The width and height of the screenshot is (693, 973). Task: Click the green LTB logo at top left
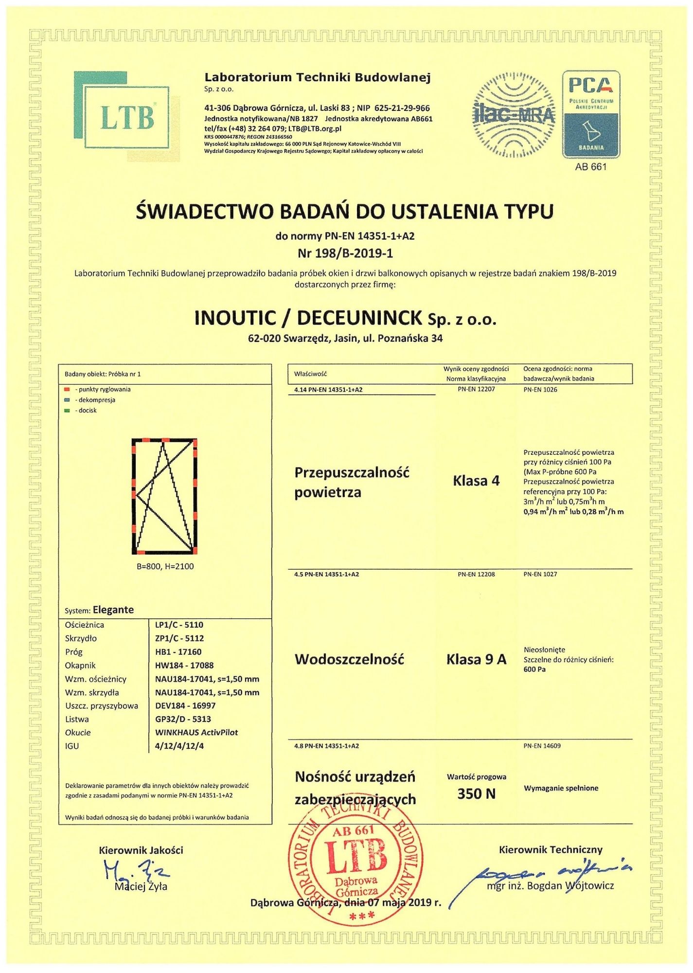coord(126,116)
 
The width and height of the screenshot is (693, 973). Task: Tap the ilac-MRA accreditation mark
coord(514,115)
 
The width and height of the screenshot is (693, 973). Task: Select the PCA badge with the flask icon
coord(591,115)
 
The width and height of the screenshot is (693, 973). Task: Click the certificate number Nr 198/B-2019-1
coord(345,253)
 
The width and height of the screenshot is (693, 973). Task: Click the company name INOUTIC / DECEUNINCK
coord(308,318)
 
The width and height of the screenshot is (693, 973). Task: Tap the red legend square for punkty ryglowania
coord(67,390)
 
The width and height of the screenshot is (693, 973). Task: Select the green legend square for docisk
coord(67,411)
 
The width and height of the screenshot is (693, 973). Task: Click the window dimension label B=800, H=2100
coord(165,566)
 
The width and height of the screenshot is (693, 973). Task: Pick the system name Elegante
coord(113,610)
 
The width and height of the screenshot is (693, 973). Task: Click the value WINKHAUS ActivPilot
coord(196,732)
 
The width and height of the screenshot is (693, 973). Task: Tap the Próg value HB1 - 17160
coord(178,652)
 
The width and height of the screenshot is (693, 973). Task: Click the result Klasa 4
coord(476,481)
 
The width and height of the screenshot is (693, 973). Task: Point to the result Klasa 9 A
coord(476,660)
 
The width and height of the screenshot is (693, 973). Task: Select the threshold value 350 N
coord(476,794)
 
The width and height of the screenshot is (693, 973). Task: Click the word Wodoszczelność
coord(349,660)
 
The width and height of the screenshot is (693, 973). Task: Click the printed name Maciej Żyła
coord(141,886)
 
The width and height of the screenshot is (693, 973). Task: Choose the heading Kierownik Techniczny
coord(551,849)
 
